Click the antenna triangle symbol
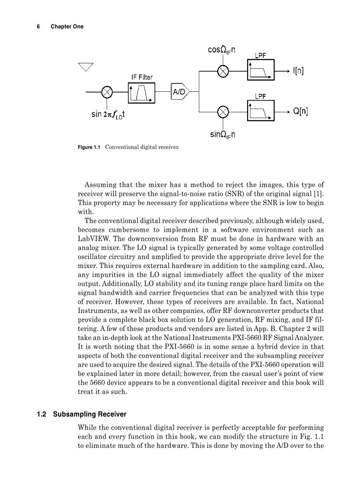click(x=86, y=67)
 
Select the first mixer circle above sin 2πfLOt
click(x=107, y=92)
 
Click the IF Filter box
click(x=142, y=92)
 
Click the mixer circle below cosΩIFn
click(x=223, y=71)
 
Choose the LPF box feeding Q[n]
click(x=261, y=112)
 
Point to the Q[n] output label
click(x=300, y=112)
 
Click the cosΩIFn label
click(x=221, y=50)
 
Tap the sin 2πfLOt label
click(x=108, y=115)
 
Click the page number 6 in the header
click(x=38, y=26)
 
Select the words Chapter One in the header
click(x=67, y=26)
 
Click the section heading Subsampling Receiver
click(x=90, y=414)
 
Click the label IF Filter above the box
click(x=142, y=77)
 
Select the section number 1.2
click(x=42, y=414)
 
